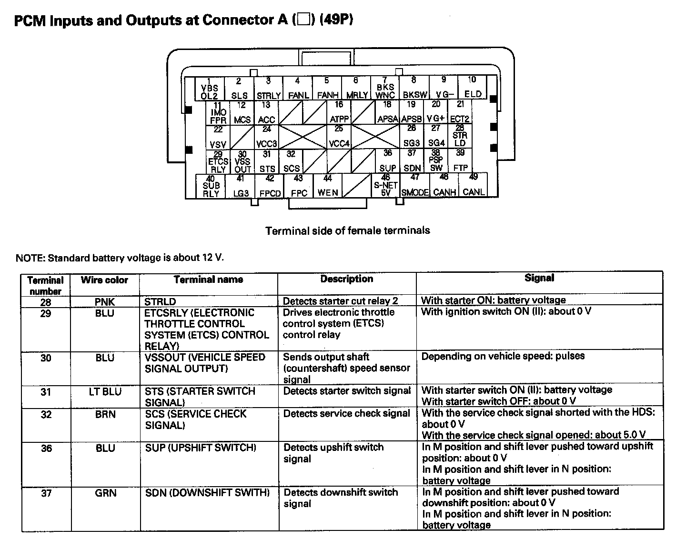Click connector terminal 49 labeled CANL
(473, 186)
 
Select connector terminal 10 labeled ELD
(473, 88)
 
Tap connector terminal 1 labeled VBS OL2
(210, 88)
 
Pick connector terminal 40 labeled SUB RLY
(211, 186)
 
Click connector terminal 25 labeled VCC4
(339, 137)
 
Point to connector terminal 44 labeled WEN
(328, 186)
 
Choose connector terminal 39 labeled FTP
(460, 161)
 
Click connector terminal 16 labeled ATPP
(339, 112)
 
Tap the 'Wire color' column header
(104, 280)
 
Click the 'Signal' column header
(539, 278)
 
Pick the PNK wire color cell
(105, 302)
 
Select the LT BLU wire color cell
(105, 392)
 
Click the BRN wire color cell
(105, 414)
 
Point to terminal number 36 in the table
(46, 448)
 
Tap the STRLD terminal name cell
(161, 302)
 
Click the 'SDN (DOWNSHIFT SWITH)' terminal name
(207, 493)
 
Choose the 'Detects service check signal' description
(346, 414)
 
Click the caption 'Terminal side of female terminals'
(347, 231)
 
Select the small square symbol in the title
(303, 20)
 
